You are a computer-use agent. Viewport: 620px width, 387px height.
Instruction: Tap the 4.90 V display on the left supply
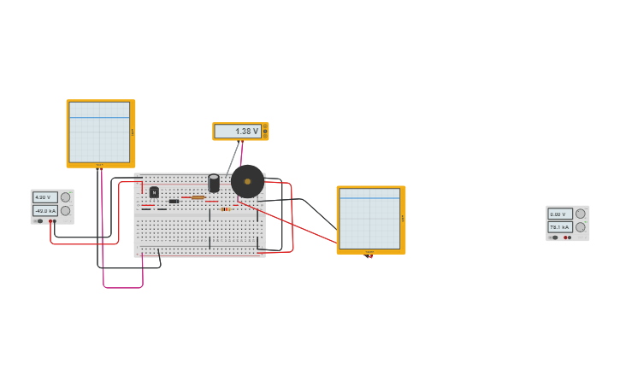[x=44, y=197]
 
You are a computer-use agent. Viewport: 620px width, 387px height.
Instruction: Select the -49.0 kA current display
[x=44, y=210]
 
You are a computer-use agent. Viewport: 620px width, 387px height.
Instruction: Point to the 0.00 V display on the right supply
[x=559, y=214]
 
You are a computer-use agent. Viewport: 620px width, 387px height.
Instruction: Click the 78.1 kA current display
[x=559, y=227]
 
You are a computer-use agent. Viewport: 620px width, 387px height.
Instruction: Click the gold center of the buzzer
[x=247, y=181]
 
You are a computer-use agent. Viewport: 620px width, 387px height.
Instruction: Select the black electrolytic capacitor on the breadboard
[x=214, y=183]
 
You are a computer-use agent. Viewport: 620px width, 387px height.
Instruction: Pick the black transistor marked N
[x=154, y=192]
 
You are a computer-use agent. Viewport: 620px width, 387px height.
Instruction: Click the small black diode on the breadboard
[x=174, y=201]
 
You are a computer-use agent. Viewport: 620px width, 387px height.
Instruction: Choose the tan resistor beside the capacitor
[x=198, y=197]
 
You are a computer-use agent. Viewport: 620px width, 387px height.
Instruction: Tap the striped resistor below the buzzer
[x=225, y=208]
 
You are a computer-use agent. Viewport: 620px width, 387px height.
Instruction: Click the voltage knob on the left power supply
[x=65, y=197]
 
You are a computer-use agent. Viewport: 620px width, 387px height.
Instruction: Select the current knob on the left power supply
[x=65, y=210]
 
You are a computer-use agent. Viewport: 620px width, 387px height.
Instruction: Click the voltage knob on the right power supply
[x=581, y=214]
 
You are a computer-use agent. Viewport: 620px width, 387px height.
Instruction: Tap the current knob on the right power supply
[x=581, y=227]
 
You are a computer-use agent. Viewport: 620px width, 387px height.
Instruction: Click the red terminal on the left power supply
[x=55, y=221]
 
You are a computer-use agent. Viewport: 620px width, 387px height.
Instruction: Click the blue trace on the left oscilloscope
[x=99, y=117]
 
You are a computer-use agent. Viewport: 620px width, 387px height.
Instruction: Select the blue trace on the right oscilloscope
[x=369, y=198]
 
